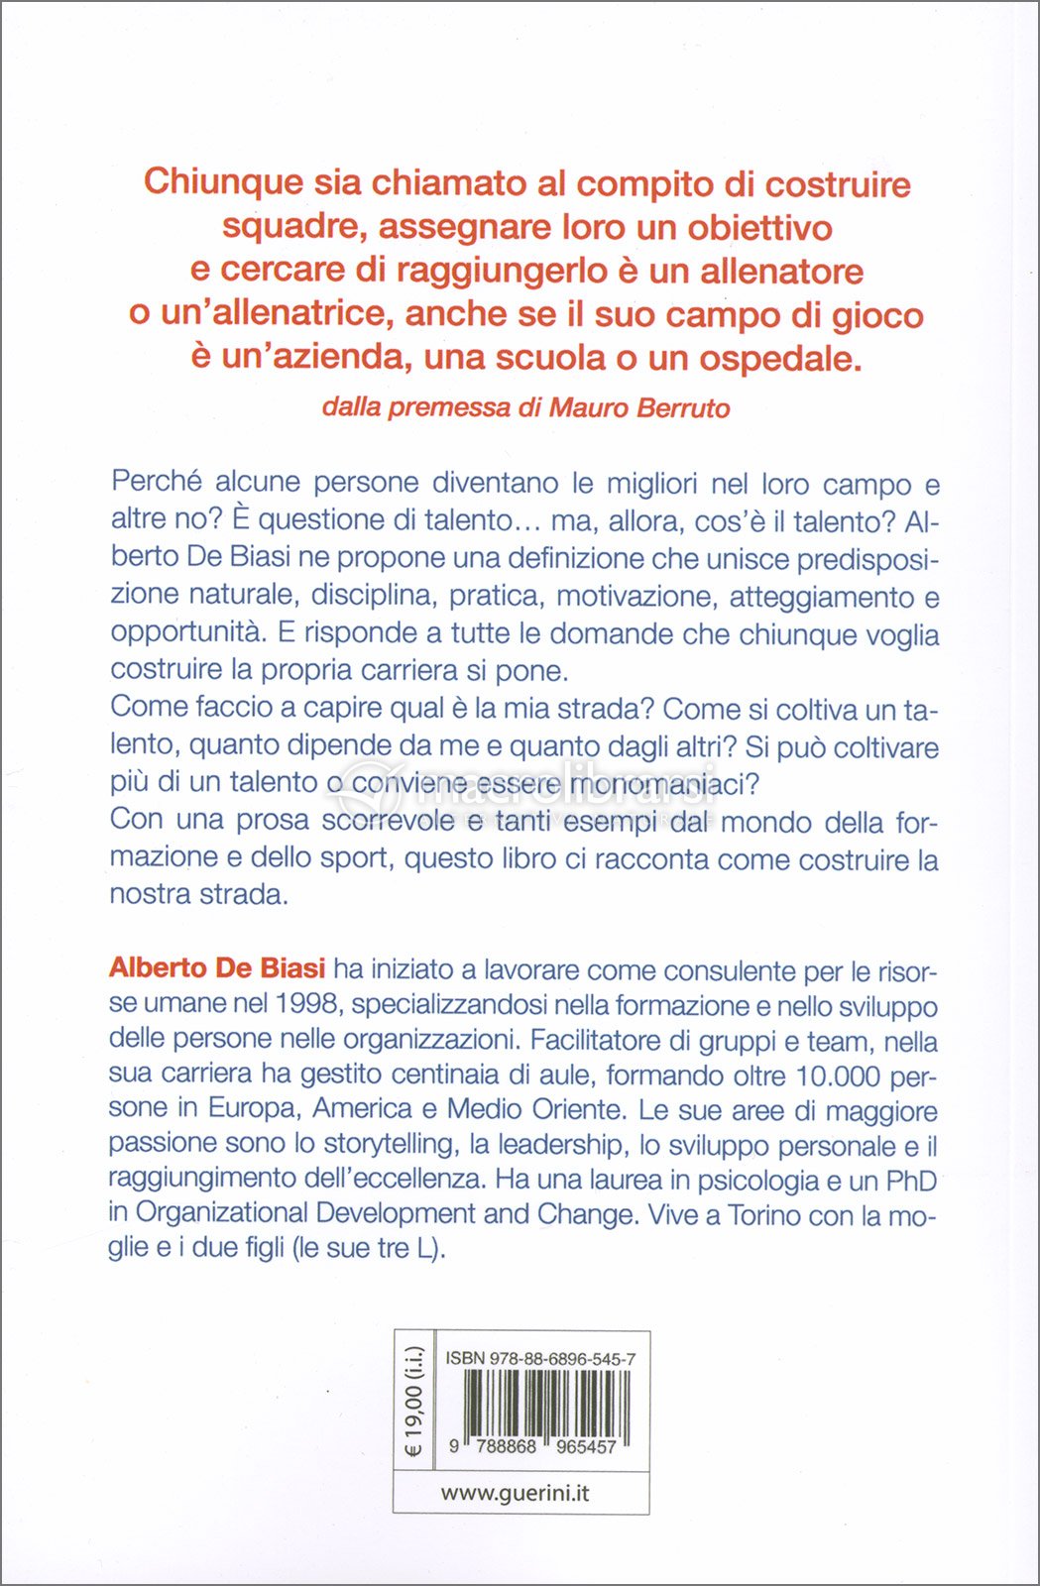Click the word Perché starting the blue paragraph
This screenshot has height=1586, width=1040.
[x=157, y=482]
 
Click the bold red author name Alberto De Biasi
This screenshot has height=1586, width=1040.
[x=217, y=968]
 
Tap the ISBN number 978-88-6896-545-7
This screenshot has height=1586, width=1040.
[x=562, y=1359]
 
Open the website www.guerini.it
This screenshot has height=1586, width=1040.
[x=515, y=1493]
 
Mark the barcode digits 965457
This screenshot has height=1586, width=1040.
[x=586, y=1446]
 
